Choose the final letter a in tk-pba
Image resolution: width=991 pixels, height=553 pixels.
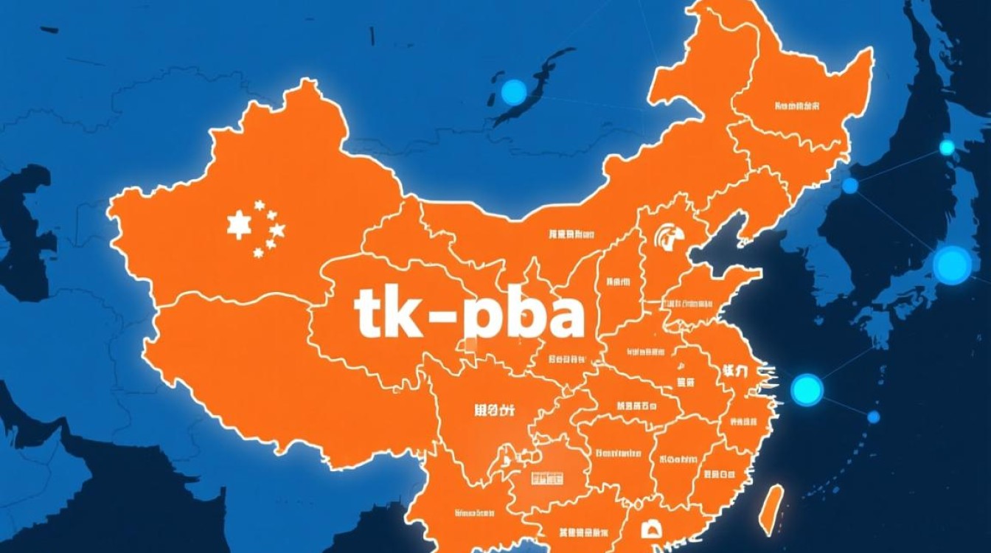coord(564,317)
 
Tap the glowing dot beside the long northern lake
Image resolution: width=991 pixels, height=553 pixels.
coord(514,92)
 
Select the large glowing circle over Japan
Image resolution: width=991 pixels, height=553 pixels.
coord(952,265)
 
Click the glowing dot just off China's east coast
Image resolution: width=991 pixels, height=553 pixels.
coord(807,389)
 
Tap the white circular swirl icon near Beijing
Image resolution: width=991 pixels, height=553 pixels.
coord(670,237)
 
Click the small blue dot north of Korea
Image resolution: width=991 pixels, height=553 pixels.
coord(850,186)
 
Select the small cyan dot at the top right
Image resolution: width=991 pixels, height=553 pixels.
coord(947,147)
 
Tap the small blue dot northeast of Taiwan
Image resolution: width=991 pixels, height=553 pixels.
coord(874,417)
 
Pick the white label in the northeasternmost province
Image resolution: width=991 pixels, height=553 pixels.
coord(797,106)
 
